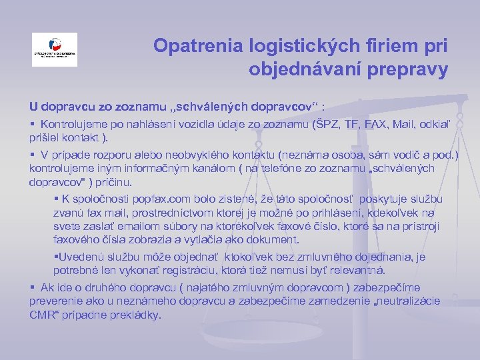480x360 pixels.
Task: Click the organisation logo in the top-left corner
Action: point(55,49)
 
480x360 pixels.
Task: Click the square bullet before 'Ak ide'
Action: point(33,287)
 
